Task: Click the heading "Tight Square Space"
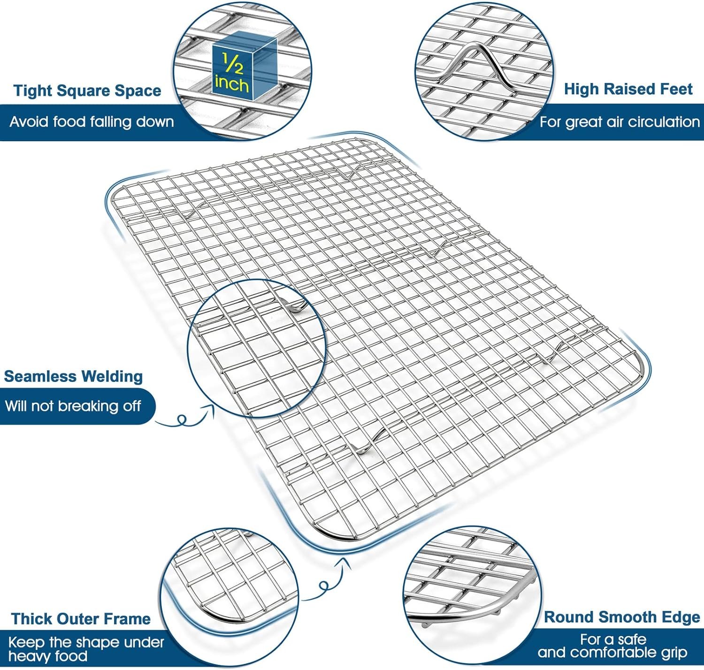(x=87, y=91)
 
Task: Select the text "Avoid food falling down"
(x=92, y=122)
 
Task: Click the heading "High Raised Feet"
(x=628, y=89)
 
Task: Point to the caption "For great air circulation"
(x=619, y=122)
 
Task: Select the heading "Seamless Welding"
(x=73, y=376)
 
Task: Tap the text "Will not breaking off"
(x=73, y=406)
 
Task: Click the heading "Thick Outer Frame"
(x=81, y=619)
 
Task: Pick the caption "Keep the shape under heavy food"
(x=85, y=649)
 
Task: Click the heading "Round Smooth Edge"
(x=621, y=617)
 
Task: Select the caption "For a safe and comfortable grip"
(x=612, y=646)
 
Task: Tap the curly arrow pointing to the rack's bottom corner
(x=329, y=579)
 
